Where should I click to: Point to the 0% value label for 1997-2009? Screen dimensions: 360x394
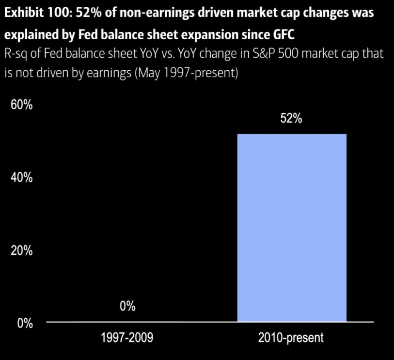click(x=127, y=307)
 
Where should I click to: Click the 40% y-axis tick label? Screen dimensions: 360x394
click(x=22, y=177)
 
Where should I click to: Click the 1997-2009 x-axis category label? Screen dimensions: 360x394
click(x=127, y=338)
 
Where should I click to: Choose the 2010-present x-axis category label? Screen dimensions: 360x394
click(x=291, y=338)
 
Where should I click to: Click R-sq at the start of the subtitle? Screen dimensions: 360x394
click(x=16, y=53)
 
